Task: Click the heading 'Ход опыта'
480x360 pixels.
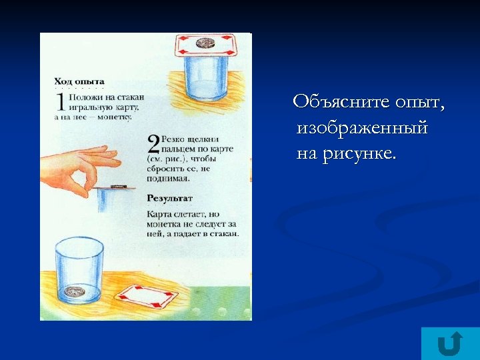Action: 79,81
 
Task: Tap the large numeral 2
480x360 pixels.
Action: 153,145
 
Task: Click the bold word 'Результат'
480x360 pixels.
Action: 169,198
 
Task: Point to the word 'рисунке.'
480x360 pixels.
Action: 359,155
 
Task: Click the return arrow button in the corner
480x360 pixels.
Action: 450,343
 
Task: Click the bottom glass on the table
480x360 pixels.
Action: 79,269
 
